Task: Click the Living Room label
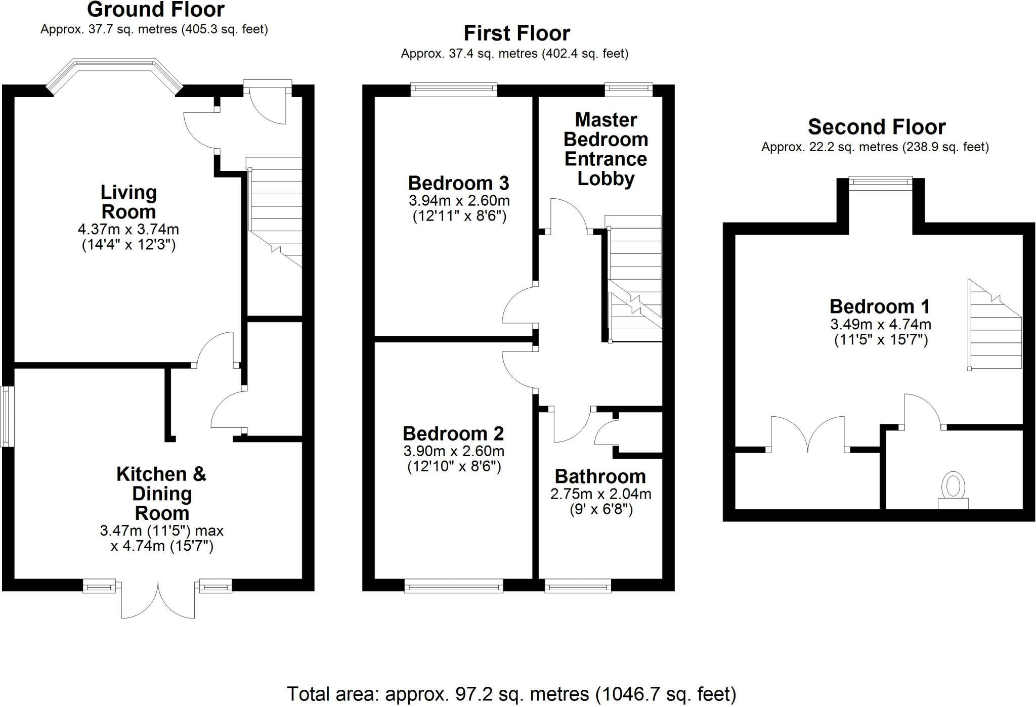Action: click(128, 202)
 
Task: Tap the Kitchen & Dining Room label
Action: click(161, 493)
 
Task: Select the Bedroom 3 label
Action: click(458, 183)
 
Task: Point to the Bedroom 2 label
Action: click(453, 433)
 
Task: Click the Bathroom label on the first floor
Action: click(600, 476)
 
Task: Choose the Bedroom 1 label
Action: click(880, 306)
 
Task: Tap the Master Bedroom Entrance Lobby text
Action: click(606, 149)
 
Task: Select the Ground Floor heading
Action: click(155, 10)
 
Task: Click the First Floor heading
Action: click(516, 33)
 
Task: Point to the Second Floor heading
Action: click(876, 127)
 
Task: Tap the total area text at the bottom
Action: click(511, 694)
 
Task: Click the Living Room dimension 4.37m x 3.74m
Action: click(128, 229)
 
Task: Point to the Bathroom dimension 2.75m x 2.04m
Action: click(600, 494)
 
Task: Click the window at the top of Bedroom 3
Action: click(453, 90)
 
